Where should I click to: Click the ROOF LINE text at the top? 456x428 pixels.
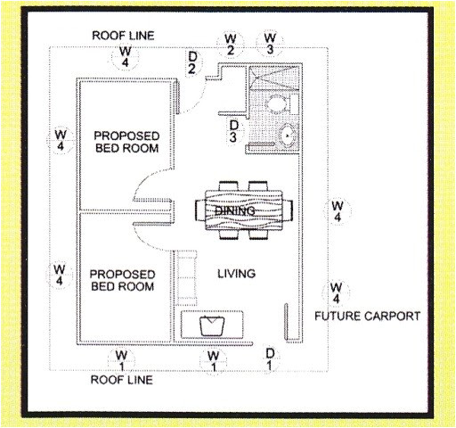click(124, 36)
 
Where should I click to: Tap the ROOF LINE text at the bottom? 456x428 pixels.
click(124, 379)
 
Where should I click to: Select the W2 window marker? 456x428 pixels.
click(230, 44)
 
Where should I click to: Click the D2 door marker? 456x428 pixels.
click(192, 62)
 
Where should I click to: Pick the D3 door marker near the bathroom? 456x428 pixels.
click(233, 131)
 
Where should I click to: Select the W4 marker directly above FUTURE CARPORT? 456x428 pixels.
click(336, 292)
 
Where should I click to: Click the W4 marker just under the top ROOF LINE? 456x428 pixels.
click(125, 57)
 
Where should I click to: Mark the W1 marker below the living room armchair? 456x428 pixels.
click(212, 361)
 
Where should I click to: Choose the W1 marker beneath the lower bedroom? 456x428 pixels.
click(120, 361)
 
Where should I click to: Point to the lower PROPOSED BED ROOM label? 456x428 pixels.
click(123, 280)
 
